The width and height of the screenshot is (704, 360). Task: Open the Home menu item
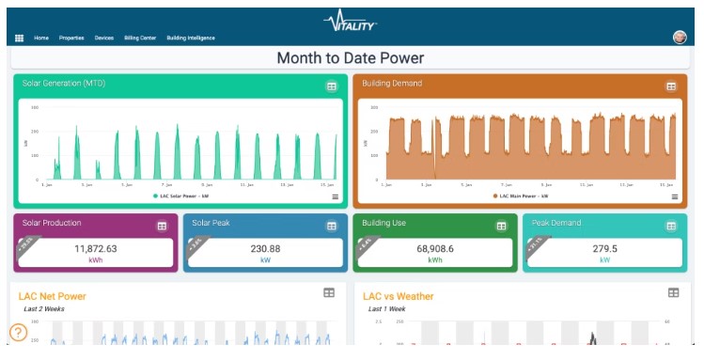point(41,38)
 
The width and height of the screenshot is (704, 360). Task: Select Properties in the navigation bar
point(71,38)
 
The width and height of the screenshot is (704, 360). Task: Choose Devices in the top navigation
point(103,38)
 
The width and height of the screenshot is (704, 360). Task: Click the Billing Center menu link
point(141,38)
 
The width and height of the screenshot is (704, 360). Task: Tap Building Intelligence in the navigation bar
point(191,38)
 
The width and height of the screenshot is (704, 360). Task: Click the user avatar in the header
point(680,38)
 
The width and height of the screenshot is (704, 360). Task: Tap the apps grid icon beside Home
point(19,38)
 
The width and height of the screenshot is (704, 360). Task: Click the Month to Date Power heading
point(350,58)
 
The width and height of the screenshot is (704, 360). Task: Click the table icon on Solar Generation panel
point(331,86)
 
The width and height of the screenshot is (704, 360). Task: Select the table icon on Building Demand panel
point(671,86)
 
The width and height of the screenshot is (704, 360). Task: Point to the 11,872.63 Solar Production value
point(95,248)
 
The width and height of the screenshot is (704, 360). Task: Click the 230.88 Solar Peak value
point(261,248)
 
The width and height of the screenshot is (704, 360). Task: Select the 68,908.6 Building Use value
point(434,248)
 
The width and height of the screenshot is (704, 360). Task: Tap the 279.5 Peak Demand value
point(604,248)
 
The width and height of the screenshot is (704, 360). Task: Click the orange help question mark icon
point(18,332)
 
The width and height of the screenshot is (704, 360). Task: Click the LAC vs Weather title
point(398,296)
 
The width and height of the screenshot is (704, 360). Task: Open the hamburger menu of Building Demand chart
point(675,196)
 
